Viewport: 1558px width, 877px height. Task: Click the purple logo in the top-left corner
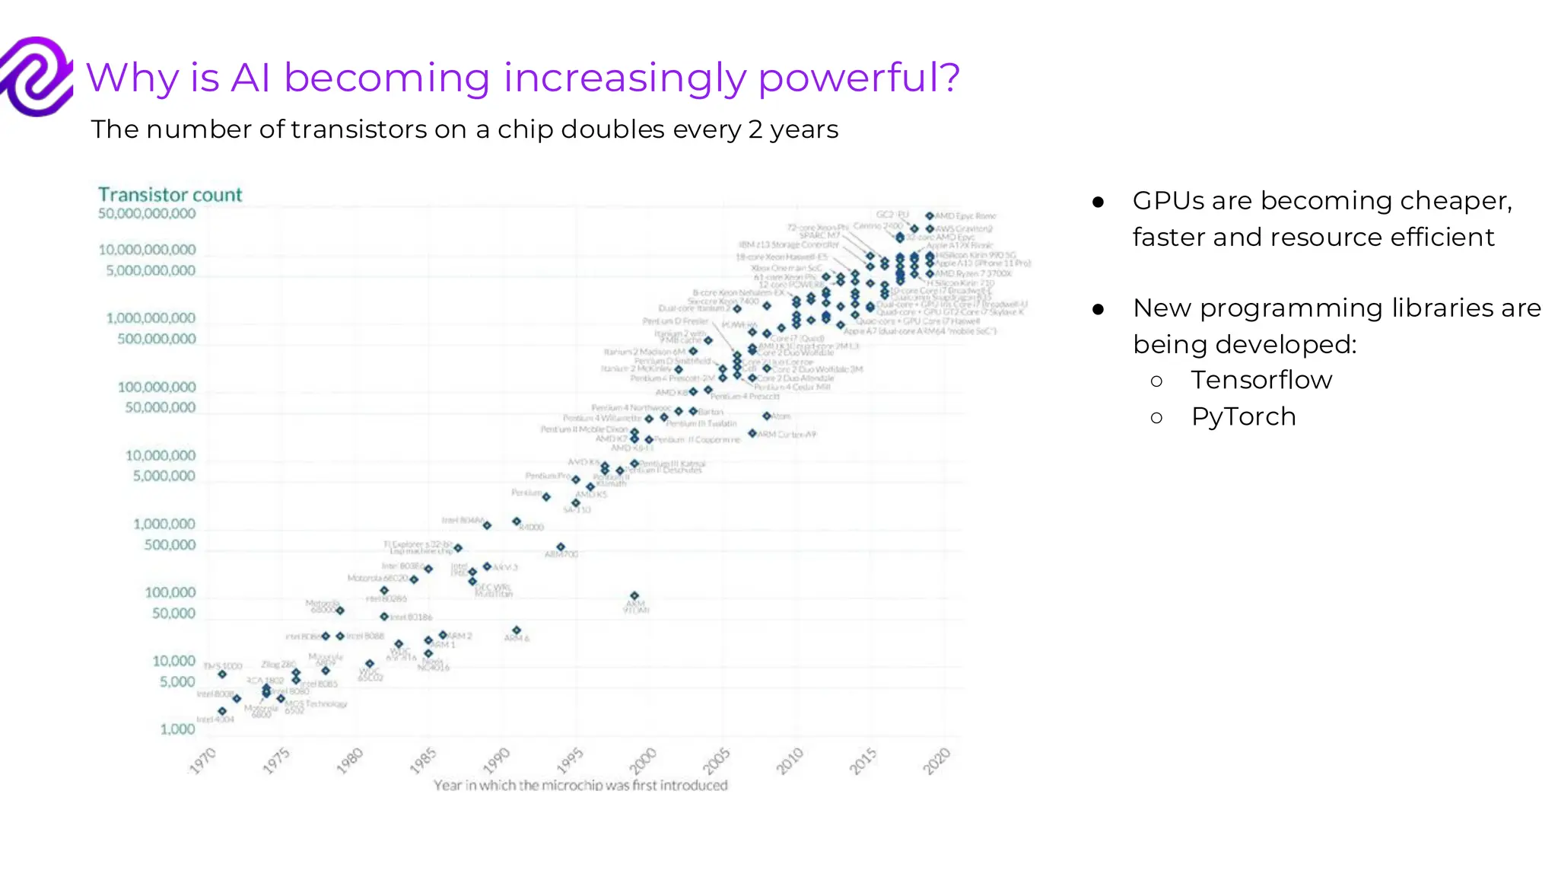pos(36,76)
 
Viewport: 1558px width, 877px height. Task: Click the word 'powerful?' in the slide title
pos(859,78)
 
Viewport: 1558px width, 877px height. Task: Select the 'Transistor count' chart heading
pos(170,195)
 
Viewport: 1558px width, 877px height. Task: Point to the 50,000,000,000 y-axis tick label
pos(147,214)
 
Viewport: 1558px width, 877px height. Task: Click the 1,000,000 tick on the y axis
pos(164,525)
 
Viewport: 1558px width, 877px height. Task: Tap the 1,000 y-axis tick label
pos(177,729)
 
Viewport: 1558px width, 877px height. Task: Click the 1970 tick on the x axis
pos(203,761)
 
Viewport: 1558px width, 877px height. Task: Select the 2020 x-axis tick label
pos(937,761)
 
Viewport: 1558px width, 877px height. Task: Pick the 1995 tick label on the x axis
pos(570,761)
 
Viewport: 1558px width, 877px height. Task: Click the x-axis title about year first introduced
pos(580,785)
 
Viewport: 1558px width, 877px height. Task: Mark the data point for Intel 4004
pos(222,711)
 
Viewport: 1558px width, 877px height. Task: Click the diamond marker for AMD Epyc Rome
pos(929,216)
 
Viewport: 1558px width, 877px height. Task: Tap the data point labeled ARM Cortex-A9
pos(752,433)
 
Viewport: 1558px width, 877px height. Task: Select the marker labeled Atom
pos(767,416)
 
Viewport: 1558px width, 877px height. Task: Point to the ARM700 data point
pos(561,547)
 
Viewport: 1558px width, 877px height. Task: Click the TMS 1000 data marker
pos(222,674)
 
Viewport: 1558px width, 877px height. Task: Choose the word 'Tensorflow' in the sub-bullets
pos(1261,380)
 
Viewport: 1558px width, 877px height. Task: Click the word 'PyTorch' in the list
pos(1243,416)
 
